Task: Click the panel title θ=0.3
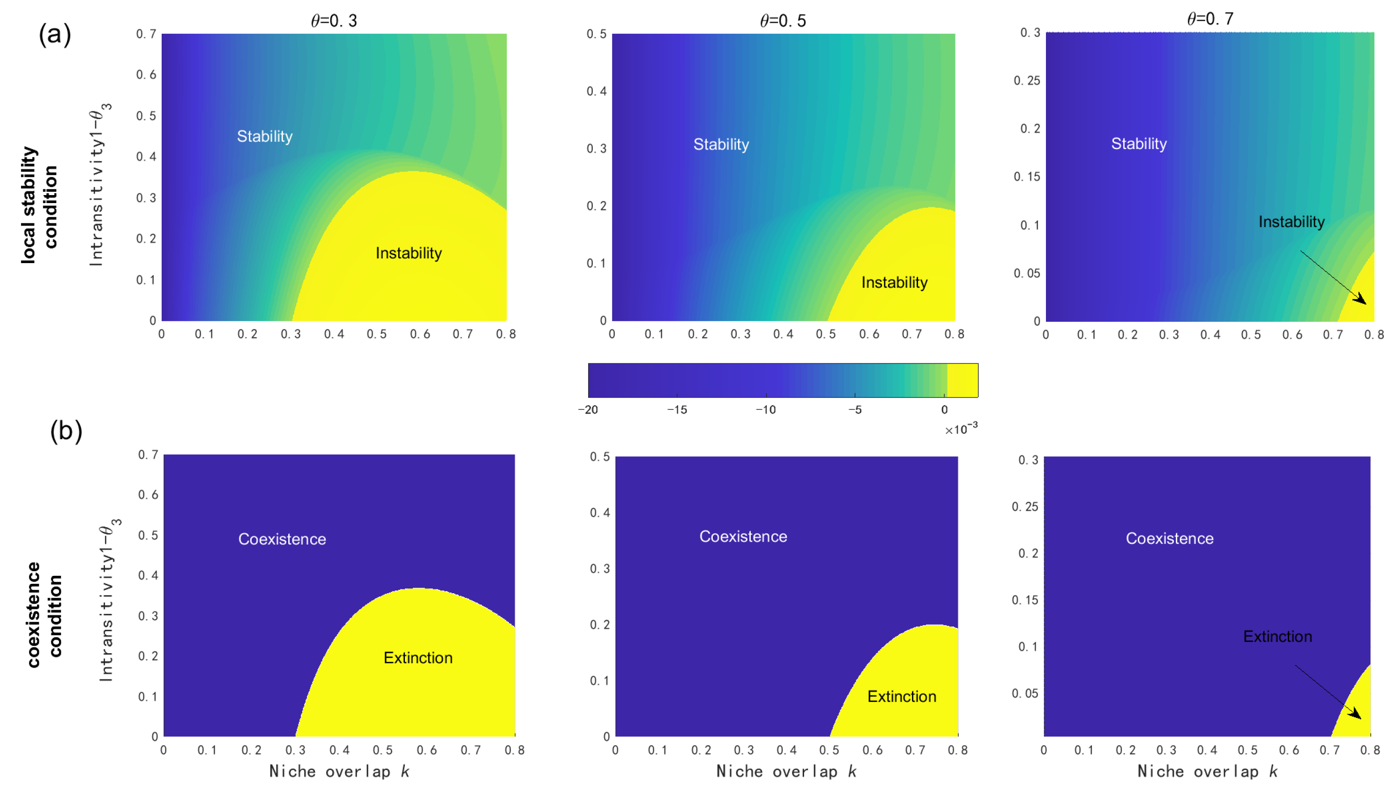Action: pyautogui.click(x=334, y=21)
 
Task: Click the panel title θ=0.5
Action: pyautogui.click(x=782, y=21)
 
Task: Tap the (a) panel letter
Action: pyautogui.click(x=54, y=34)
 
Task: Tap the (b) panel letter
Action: pyautogui.click(x=66, y=431)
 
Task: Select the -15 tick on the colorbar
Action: pyautogui.click(x=677, y=409)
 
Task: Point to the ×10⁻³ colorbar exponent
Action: pyautogui.click(x=961, y=429)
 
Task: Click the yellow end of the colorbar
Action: pyautogui.click(x=962, y=380)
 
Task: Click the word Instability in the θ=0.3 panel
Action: pyautogui.click(x=408, y=253)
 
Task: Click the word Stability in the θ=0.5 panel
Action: pyautogui.click(x=721, y=144)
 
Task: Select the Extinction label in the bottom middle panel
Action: pyautogui.click(x=901, y=696)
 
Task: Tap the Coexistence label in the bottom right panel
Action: pyautogui.click(x=1169, y=539)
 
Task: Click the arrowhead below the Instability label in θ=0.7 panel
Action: pyautogui.click(x=1362, y=300)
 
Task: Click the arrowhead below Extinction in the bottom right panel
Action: pyautogui.click(x=1356, y=715)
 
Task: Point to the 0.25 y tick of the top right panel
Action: pyautogui.click(x=1026, y=81)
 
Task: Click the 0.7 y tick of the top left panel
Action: pyautogui.click(x=146, y=34)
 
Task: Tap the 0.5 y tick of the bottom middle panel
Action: pyautogui.click(x=599, y=457)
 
